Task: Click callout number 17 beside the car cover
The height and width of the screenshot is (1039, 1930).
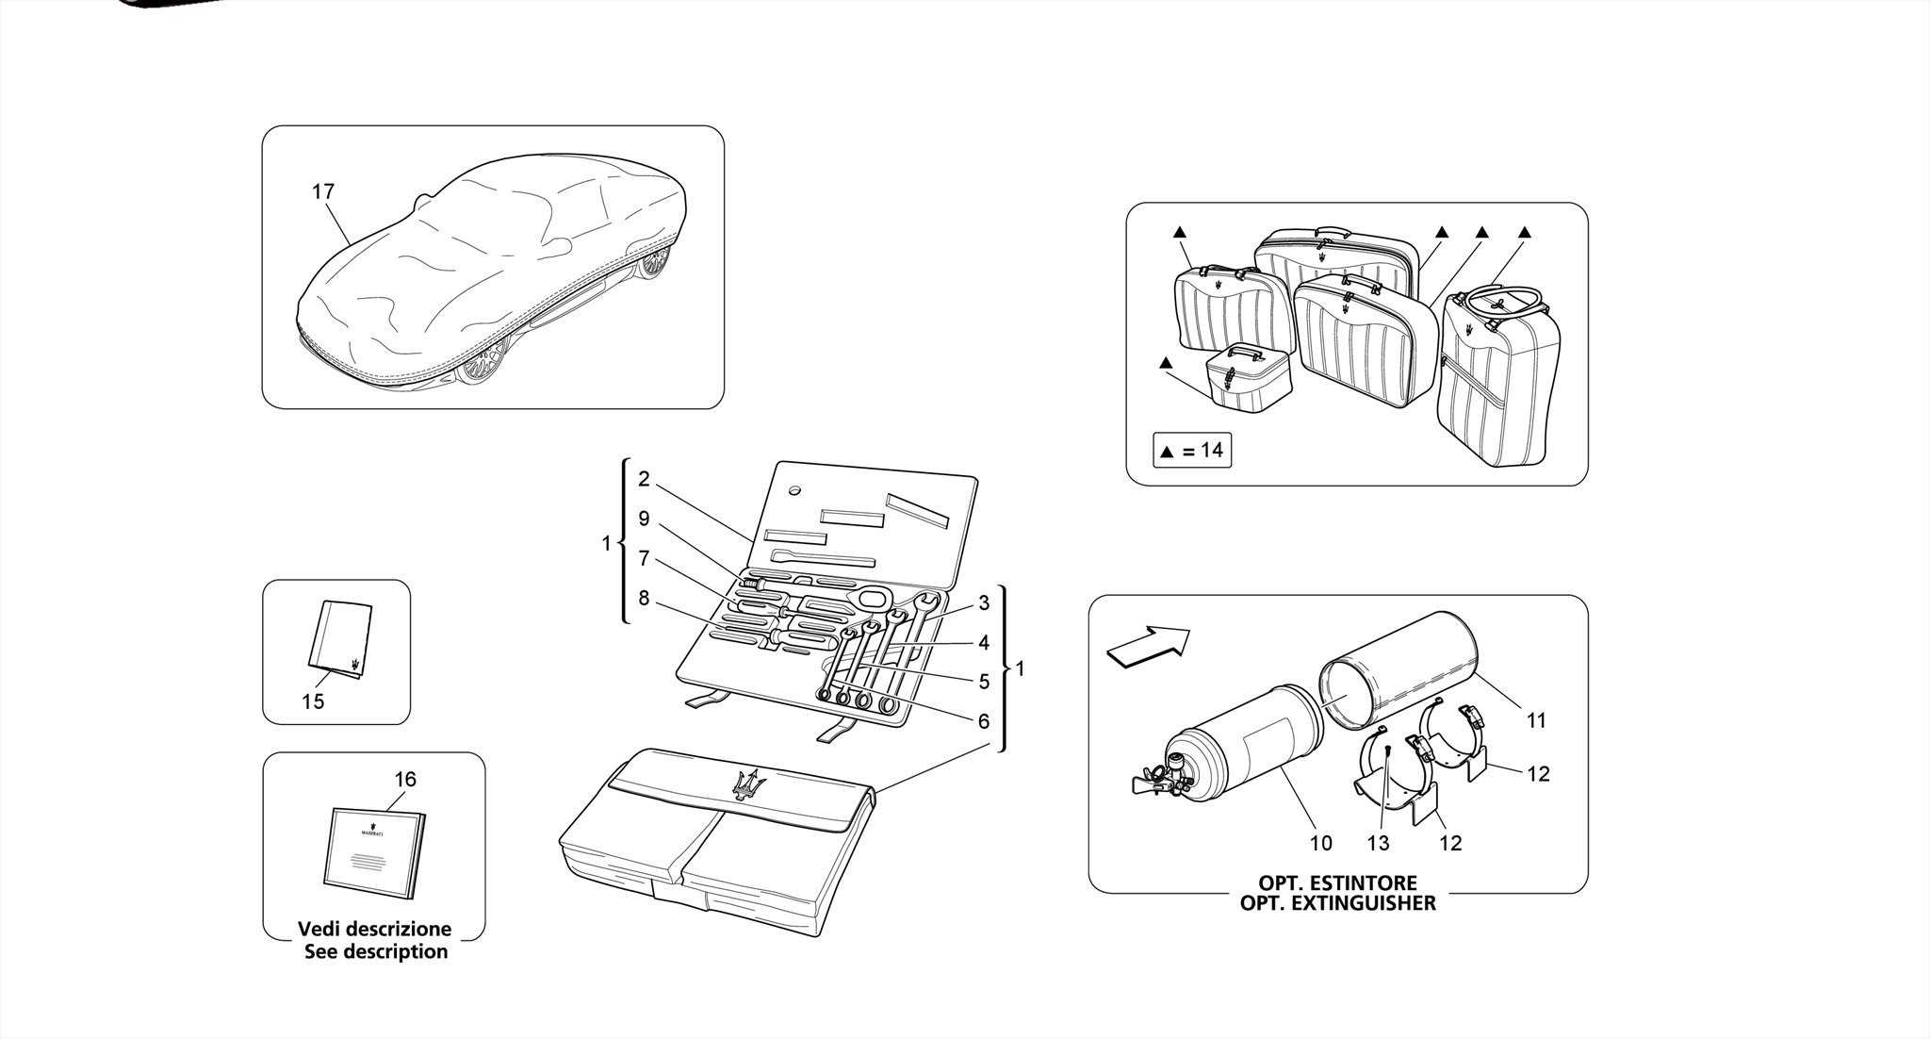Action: click(323, 191)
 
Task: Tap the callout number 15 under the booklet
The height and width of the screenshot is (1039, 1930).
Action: click(313, 701)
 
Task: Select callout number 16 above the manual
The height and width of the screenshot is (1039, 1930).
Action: click(405, 780)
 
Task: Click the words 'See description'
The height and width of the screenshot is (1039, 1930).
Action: click(376, 951)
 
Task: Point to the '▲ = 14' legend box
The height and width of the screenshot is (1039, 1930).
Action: click(1192, 451)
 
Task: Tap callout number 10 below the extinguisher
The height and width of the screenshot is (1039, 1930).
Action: click(1320, 843)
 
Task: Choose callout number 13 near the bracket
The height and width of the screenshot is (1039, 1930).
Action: click(1378, 843)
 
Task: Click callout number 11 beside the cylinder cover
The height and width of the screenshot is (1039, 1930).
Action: click(1536, 720)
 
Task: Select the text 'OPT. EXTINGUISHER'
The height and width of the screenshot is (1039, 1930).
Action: click(1337, 903)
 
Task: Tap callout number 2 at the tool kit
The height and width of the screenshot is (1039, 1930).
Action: click(644, 479)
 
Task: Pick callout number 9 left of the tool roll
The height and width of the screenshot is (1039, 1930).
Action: click(644, 519)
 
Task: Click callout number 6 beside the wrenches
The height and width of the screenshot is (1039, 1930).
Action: click(983, 721)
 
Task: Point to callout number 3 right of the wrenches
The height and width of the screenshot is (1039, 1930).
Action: click(983, 602)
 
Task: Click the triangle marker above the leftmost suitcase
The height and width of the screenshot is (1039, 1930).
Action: click(1179, 232)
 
